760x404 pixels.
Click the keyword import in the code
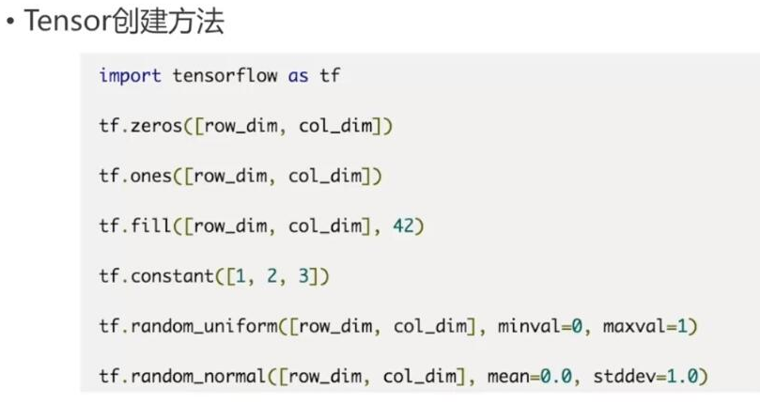pyautogui.click(x=131, y=75)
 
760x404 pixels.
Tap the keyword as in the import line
pyautogui.click(x=298, y=75)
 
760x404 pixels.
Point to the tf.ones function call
pyautogui.click(x=136, y=176)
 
